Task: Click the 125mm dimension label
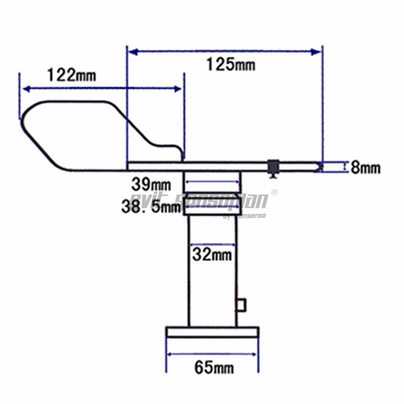tap(231, 64)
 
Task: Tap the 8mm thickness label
tap(366, 168)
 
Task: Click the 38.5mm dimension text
tap(150, 206)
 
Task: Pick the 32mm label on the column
tap(212, 255)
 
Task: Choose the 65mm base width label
tap(214, 367)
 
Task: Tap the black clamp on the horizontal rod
tap(274, 167)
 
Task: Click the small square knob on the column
tap(241, 304)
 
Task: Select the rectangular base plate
tap(213, 332)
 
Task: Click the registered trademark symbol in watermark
tap(275, 192)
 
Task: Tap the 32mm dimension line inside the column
tap(212, 244)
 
